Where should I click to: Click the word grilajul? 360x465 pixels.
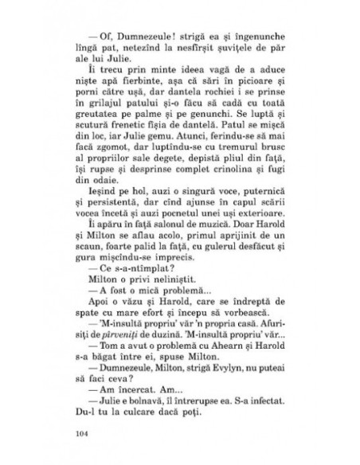[100, 114]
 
